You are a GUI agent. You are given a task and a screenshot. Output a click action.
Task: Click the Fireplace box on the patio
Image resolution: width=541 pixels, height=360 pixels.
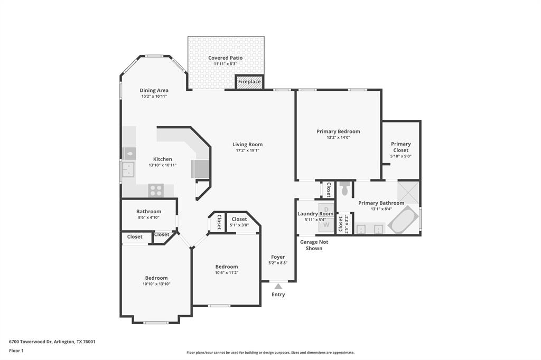(249, 82)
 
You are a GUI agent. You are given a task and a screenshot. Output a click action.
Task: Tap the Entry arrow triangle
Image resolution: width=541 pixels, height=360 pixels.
(278, 286)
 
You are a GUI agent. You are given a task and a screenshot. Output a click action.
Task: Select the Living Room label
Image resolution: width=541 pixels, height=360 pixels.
(247, 144)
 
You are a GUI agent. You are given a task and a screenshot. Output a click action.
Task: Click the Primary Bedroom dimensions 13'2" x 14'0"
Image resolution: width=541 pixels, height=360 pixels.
(338, 137)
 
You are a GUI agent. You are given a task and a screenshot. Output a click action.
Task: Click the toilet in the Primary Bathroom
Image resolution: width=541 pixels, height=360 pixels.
(345, 188)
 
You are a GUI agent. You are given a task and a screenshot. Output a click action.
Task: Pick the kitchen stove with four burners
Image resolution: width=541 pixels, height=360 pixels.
(156, 190)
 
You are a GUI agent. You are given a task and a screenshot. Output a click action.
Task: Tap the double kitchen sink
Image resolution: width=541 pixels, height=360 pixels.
(128, 169)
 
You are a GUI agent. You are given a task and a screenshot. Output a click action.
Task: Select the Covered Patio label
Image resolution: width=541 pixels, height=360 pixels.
(226, 58)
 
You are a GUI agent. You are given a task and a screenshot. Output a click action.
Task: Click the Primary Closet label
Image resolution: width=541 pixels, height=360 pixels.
(400, 147)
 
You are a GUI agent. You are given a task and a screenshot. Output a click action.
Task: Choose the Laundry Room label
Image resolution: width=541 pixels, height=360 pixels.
(315, 214)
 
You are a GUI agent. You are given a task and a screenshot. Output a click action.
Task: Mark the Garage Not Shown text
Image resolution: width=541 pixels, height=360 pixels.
(314, 245)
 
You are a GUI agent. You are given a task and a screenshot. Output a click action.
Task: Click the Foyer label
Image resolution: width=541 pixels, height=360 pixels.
(278, 257)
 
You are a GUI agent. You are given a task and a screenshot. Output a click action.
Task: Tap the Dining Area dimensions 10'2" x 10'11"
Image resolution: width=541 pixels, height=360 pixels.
(154, 97)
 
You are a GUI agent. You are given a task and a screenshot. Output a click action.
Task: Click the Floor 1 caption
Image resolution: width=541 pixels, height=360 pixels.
(16, 350)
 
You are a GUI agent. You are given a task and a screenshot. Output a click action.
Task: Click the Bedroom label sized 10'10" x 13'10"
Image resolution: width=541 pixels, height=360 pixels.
(156, 278)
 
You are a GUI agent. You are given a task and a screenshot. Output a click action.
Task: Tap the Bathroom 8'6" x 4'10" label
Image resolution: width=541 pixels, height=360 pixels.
(148, 212)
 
